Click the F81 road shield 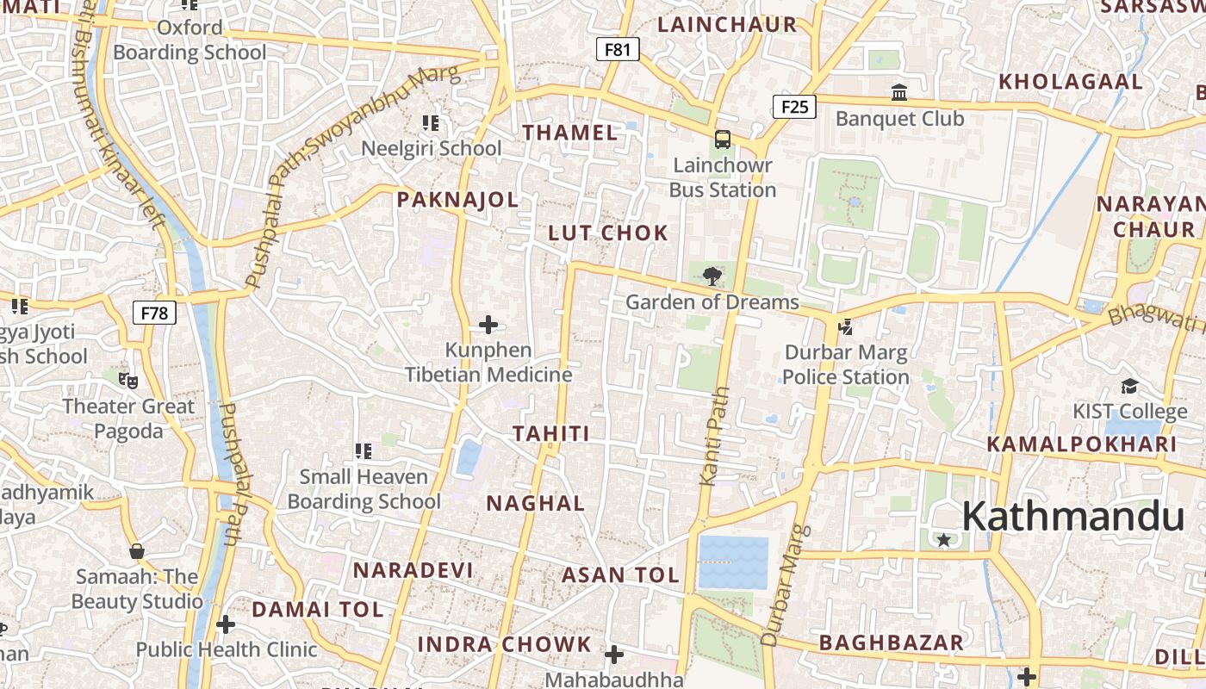coord(618,50)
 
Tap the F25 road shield coord(794,107)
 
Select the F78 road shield coord(154,313)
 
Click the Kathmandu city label coord(1072,517)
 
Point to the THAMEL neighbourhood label coord(570,133)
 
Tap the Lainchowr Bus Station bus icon coord(723,140)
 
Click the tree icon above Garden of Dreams coord(712,276)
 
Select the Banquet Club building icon coord(899,92)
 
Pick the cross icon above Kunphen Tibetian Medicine coord(488,325)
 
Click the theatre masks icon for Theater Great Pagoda coord(128,379)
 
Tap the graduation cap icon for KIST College coord(1129,385)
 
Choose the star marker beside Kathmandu coord(944,540)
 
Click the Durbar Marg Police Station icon coord(845,326)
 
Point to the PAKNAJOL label coord(457,201)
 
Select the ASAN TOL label coord(620,575)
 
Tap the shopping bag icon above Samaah coord(136,551)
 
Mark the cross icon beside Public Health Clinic coord(226,624)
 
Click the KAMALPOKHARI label coord(1081,444)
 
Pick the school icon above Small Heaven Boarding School coord(364,450)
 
